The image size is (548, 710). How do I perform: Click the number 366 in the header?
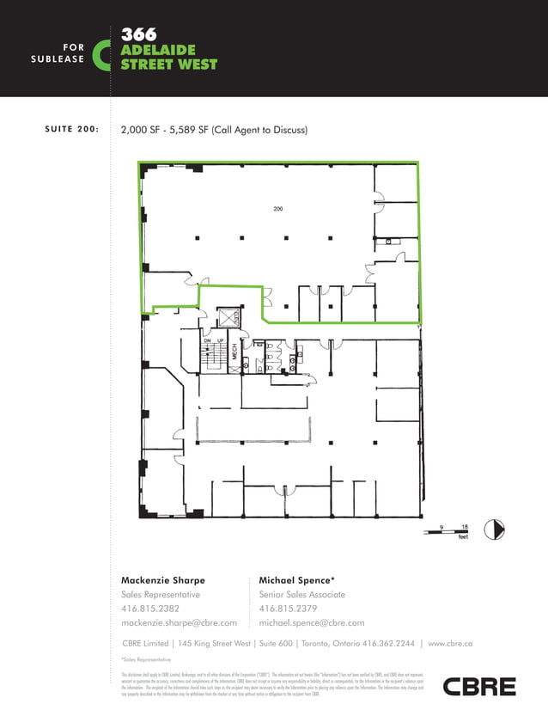point(138,35)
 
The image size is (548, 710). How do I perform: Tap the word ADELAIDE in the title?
point(158,50)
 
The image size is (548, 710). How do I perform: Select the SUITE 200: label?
point(72,131)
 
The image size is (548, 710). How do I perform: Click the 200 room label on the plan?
point(278,210)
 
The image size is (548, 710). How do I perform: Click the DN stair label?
point(207,341)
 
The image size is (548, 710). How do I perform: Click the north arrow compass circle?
point(494,529)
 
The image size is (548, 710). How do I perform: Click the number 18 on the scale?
point(464,526)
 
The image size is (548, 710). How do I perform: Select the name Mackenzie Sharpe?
point(163,580)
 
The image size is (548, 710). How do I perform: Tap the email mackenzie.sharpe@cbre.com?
point(179,622)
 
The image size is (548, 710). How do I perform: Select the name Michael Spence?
point(295,580)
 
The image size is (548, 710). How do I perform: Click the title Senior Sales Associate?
point(301,595)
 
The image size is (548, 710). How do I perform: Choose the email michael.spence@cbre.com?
point(311,622)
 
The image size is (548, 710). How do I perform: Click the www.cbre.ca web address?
point(450,643)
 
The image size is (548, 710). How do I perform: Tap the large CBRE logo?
point(479,686)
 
